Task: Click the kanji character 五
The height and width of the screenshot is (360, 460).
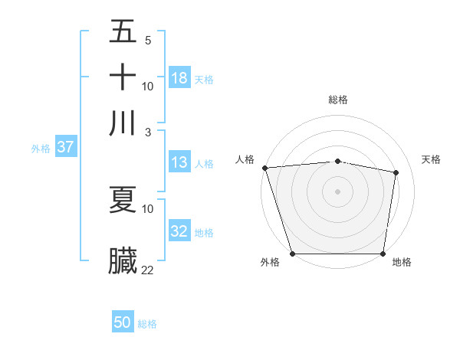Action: (x=123, y=32)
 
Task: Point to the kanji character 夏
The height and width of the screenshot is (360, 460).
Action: (x=123, y=199)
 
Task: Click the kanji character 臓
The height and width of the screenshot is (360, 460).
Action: (x=123, y=261)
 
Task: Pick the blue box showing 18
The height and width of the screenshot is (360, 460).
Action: (x=179, y=78)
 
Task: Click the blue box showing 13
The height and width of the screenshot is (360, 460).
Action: (x=179, y=162)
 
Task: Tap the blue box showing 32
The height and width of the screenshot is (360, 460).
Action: (x=179, y=231)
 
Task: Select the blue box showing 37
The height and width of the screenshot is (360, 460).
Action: (x=65, y=148)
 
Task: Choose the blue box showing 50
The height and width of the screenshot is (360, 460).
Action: (x=123, y=322)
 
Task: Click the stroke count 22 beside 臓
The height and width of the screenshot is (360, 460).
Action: (x=148, y=270)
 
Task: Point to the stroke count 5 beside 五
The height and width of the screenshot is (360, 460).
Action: (x=147, y=40)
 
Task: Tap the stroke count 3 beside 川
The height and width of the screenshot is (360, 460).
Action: (x=147, y=132)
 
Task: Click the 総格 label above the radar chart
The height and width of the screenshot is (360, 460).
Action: (x=338, y=100)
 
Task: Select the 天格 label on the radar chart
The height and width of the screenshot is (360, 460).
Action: (x=432, y=159)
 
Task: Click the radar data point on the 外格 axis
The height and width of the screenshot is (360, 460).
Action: (x=293, y=254)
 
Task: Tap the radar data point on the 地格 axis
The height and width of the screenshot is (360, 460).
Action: (x=383, y=254)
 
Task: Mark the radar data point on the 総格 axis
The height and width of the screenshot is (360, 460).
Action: (x=338, y=161)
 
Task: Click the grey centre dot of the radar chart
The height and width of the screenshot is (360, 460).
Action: (x=338, y=191)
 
